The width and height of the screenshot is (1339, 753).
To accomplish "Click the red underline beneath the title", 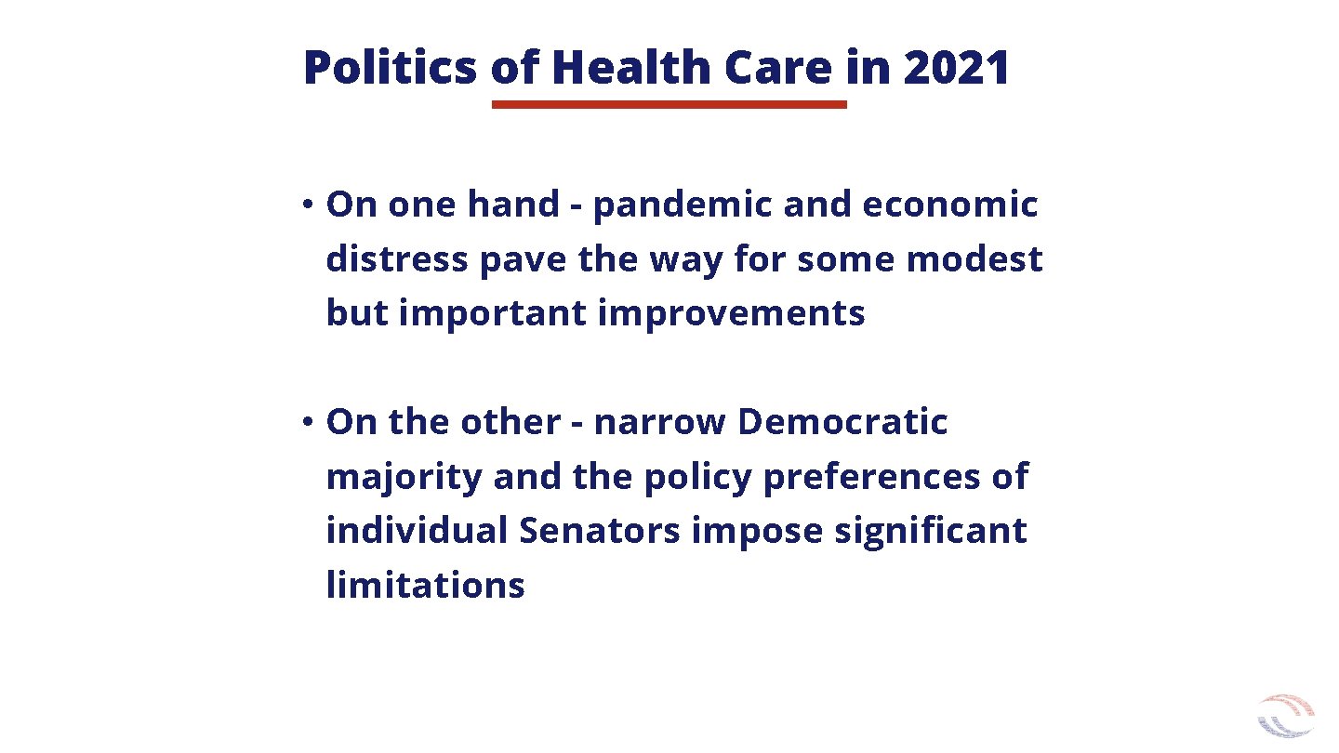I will (x=669, y=105).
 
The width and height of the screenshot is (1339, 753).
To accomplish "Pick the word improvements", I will (x=731, y=313).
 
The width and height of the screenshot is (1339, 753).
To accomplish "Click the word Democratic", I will (x=842, y=422).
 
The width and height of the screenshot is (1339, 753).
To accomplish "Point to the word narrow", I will (x=659, y=422).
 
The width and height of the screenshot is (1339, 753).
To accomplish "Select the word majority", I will (x=404, y=477).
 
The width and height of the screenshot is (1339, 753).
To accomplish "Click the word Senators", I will (x=600, y=531).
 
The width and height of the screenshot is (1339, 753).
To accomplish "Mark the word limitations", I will (x=425, y=586).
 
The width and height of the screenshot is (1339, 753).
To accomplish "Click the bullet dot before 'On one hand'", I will (x=305, y=205).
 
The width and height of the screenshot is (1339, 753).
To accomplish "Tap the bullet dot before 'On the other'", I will (x=305, y=422).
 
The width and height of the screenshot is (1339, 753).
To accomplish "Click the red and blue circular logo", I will (x=1286, y=715).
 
